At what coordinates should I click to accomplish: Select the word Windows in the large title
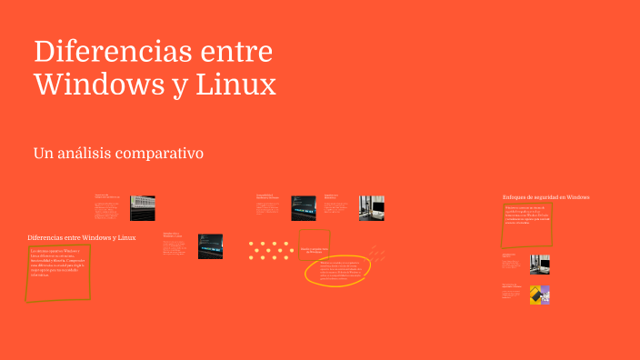pos(99,85)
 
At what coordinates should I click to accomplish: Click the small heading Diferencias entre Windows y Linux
pos(82,237)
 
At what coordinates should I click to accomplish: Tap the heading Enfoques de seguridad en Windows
pos(546,196)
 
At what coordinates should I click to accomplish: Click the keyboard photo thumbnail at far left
pos(142,207)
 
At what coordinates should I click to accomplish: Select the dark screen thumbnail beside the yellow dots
pos(211,246)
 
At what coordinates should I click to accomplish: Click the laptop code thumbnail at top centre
pos(304,208)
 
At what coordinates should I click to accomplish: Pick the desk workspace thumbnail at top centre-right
pos(371,208)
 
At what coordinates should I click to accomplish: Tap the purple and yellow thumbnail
pos(540,295)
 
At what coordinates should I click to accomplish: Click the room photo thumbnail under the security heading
pos(540,264)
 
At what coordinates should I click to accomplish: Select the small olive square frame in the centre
pos(315,244)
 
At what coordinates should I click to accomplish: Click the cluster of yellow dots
pos(268,250)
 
